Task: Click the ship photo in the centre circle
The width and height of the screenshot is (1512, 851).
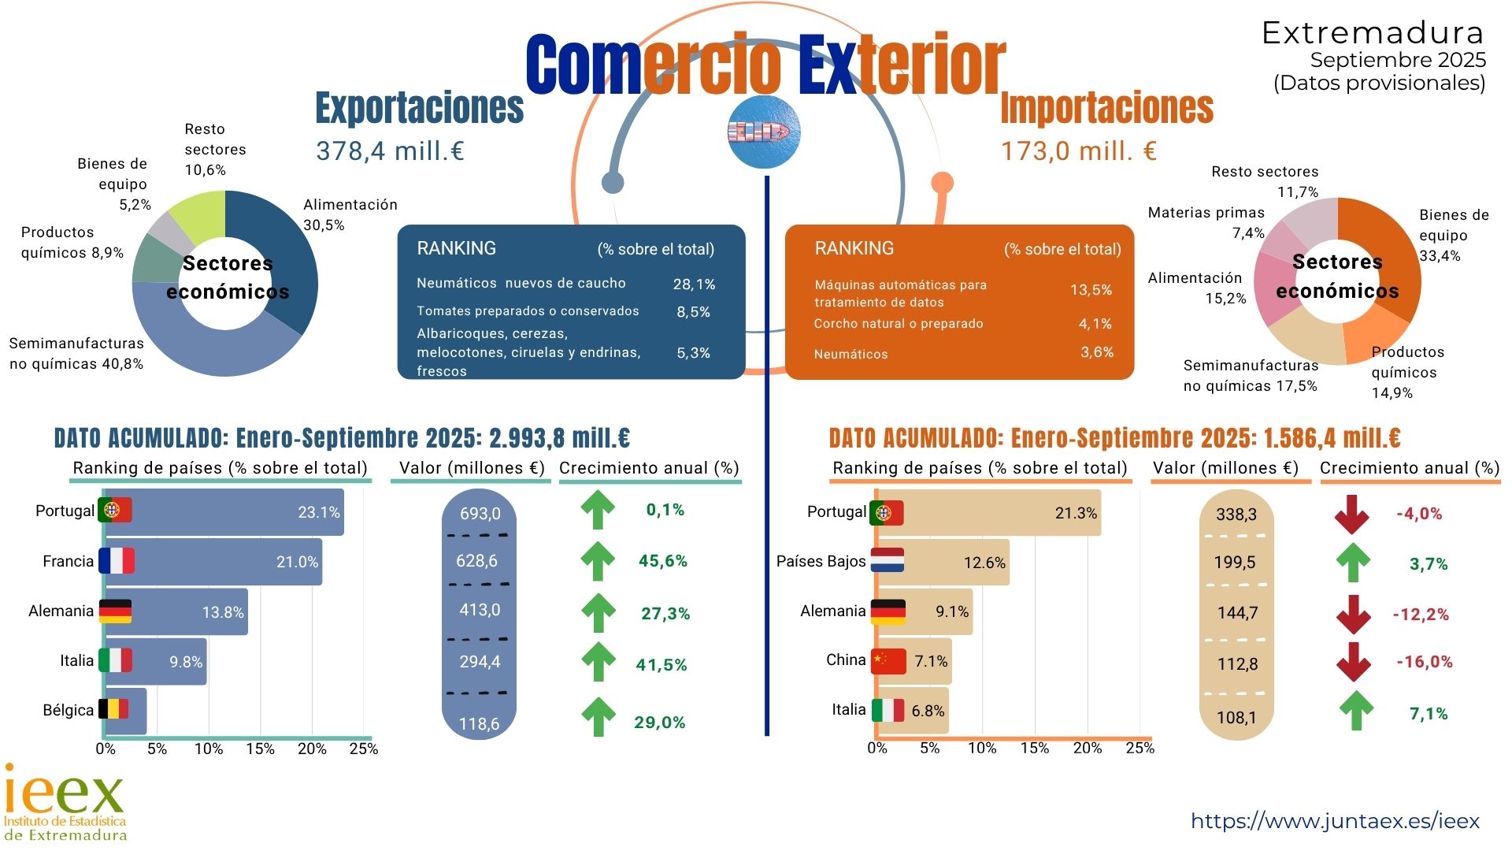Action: pyautogui.click(x=763, y=132)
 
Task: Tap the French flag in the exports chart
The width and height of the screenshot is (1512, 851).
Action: pyautogui.click(x=117, y=561)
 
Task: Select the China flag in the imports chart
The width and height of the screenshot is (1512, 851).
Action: pyautogui.click(x=888, y=661)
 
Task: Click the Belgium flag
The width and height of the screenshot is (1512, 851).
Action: pyautogui.click(x=113, y=709)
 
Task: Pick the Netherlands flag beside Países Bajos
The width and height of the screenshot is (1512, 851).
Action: pyautogui.click(x=888, y=560)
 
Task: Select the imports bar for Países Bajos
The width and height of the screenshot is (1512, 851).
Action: pyautogui.click(x=945, y=563)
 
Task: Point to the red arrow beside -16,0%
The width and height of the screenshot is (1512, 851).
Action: pyautogui.click(x=1353, y=662)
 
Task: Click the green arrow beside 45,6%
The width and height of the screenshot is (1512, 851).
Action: pyautogui.click(x=598, y=561)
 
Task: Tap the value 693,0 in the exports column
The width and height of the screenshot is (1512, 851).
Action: pyautogui.click(x=480, y=514)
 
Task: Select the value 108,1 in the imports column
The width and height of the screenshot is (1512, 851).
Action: pyautogui.click(x=1236, y=718)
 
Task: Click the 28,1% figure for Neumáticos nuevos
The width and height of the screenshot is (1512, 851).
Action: pyautogui.click(x=694, y=284)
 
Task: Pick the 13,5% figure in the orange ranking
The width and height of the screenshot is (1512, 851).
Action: pyautogui.click(x=1091, y=290)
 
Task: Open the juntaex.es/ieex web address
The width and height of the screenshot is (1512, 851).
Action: pyautogui.click(x=1335, y=821)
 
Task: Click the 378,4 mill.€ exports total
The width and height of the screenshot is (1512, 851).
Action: pyautogui.click(x=390, y=151)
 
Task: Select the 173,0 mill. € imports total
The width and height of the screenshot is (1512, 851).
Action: pyautogui.click(x=1078, y=151)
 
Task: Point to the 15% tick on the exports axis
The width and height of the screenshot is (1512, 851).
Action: pyautogui.click(x=260, y=749)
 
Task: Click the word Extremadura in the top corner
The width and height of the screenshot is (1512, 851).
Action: pyautogui.click(x=1373, y=33)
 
